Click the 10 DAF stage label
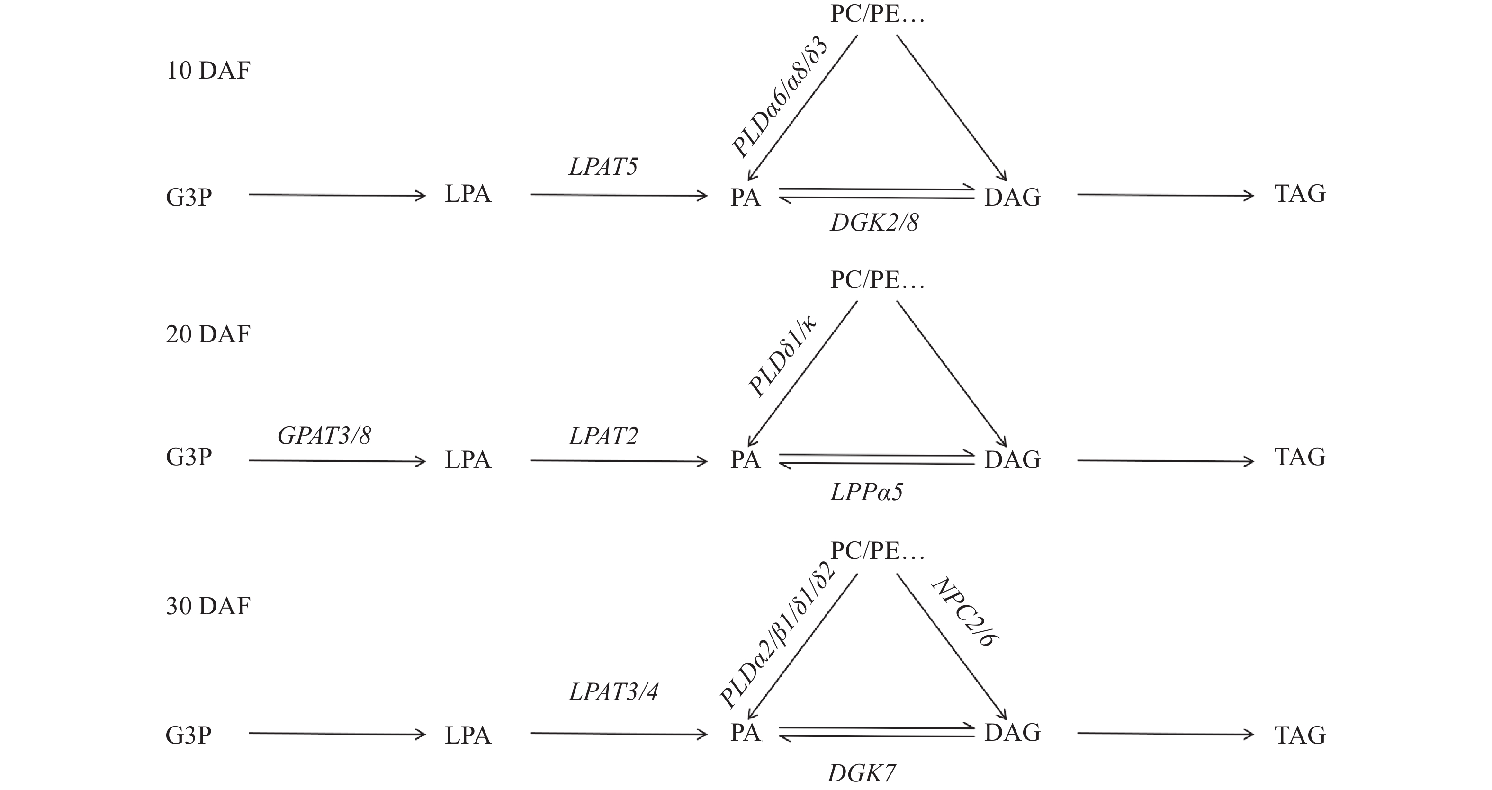pyautogui.click(x=208, y=71)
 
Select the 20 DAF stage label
pyautogui.click(x=208, y=335)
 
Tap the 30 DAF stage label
pyautogui.click(x=208, y=606)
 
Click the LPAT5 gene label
pyautogui.click(x=603, y=167)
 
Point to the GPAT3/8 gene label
pyautogui.click(x=324, y=436)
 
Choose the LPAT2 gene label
pyautogui.click(x=603, y=436)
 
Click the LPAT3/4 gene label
pyautogui.click(x=613, y=692)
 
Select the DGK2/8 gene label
pyautogui.click(x=874, y=223)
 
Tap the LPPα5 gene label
pyautogui.click(x=866, y=492)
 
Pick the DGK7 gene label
pyautogui.click(x=861, y=773)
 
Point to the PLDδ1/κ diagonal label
pyautogui.click(x=782, y=356)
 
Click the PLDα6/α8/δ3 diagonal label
pyautogui.click(x=780, y=97)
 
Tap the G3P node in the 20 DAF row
pyautogui.click(x=189, y=457)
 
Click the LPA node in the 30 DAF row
pyautogui.click(x=468, y=736)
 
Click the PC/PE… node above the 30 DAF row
pyautogui.click(x=877, y=551)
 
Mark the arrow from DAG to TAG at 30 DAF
pyautogui.click(x=1164, y=734)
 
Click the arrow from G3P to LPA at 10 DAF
pyautogui.click(x=337, y=195)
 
